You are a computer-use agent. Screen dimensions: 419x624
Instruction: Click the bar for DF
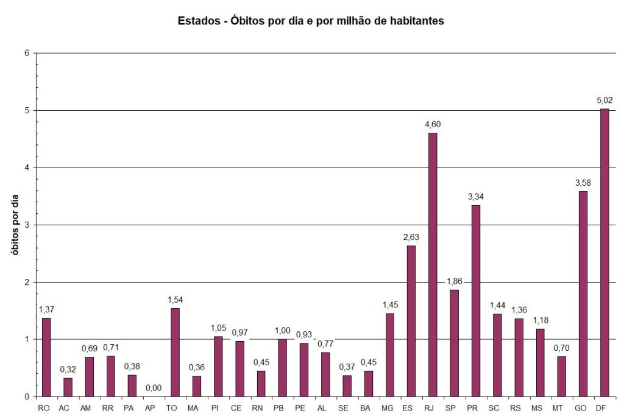(x=604, y=252)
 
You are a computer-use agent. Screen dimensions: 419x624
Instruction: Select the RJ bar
(x=433, y=264)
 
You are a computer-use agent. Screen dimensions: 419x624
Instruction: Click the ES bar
(x=411, y=321)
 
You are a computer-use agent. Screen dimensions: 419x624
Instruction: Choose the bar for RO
(x=46, y=357)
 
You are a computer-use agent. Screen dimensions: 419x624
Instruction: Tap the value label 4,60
(x=433, y=124)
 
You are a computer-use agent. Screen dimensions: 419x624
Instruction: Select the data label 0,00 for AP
(x=154, y=387)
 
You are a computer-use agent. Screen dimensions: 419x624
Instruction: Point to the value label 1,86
(x=454, y=281)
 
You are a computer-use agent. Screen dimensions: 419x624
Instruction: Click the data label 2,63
(x=411, y=237)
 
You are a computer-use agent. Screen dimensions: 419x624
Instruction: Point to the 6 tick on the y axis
(x=27, y=53)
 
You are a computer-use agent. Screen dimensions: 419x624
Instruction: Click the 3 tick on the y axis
(x=27, y=225)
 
